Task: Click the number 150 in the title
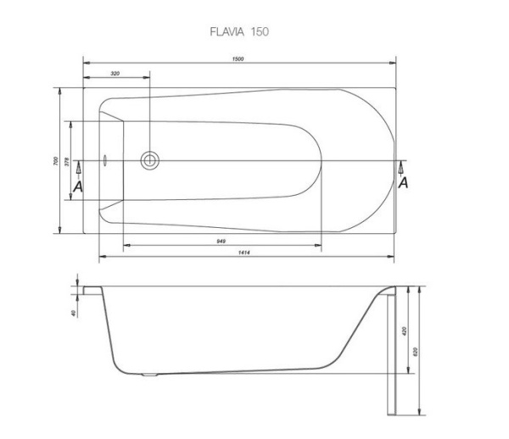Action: (260, 31)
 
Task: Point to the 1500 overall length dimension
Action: (239, 58)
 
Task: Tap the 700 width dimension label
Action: (53, 160)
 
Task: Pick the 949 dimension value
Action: (221, 242)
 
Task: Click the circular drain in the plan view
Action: (150, 159)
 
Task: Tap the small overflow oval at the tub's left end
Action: (104, 159)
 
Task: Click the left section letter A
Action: (78, 186)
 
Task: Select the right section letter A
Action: (403, 182)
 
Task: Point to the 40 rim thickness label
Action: (75, 313)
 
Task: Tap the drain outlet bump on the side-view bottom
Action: (150, 373)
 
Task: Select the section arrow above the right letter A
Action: (402, 167)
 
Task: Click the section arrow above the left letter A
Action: (78, 169)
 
